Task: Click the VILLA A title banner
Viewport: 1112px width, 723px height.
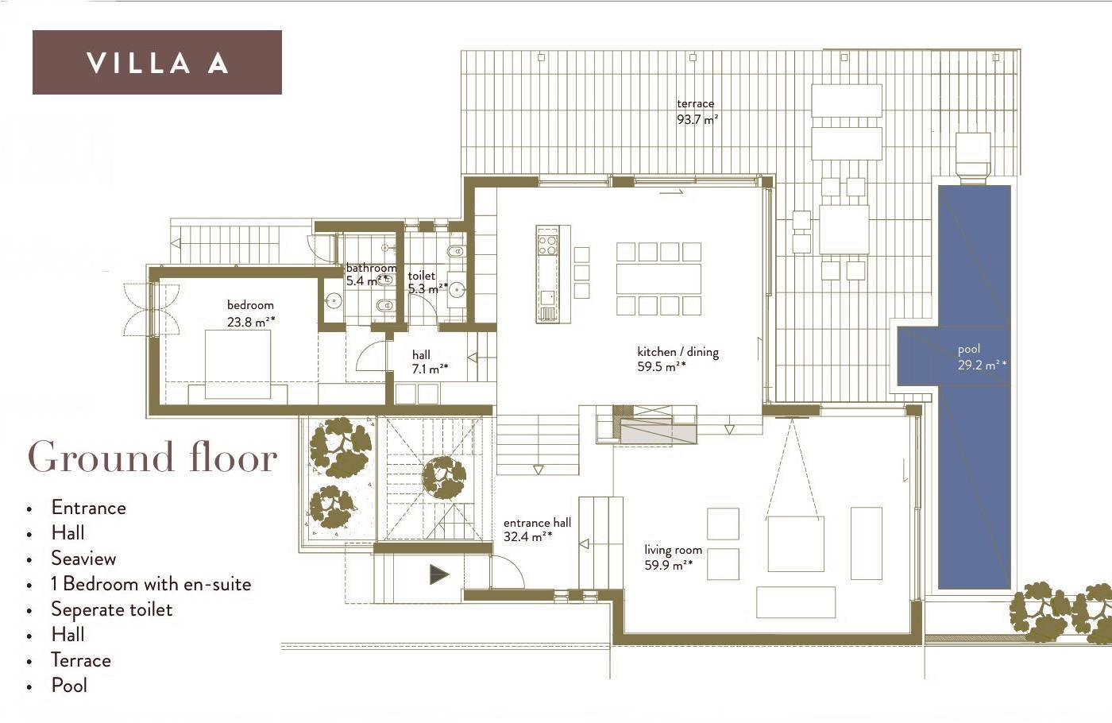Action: (157, 62)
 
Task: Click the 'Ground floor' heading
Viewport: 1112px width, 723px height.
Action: (153, 457)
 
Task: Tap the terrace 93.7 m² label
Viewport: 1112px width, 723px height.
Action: (697, 111)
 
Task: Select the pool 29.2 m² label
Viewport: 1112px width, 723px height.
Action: (982, 357)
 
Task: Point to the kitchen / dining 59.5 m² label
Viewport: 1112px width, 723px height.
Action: (678, 358)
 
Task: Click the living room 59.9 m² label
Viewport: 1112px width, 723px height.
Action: (673, 557)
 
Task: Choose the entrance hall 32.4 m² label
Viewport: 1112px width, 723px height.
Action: (537, 529)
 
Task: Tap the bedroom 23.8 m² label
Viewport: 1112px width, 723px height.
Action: (251, 313)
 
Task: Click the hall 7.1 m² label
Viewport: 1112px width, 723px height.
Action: (430, 362)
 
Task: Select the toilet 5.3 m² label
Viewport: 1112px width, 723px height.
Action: (427, 282)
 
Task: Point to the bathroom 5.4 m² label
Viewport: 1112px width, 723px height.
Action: (371, 274)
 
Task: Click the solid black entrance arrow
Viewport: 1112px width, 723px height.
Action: (439, 574)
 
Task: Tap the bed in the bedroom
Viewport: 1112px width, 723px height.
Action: (237, 364)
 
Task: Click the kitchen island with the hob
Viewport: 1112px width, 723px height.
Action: (547, 274)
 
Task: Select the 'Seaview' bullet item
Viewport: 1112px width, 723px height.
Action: (83, 558)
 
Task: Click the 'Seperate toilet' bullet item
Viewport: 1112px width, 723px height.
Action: (112, 609)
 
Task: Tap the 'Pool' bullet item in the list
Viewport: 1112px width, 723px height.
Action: (69, 685)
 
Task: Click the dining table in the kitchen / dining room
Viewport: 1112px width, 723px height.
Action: (658, 279)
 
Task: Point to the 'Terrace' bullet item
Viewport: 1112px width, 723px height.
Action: (81, 660)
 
